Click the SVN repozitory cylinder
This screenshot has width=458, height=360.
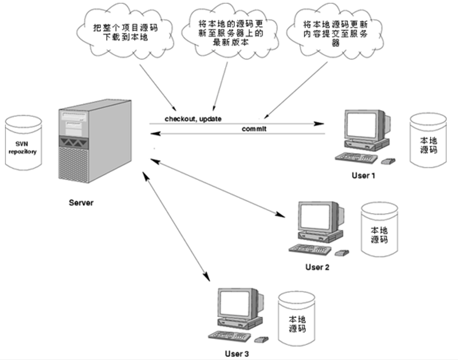point(23,143)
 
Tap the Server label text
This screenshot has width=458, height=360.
point(81,203)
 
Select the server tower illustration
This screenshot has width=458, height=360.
point(95,141)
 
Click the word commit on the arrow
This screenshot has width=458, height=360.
point(254,129)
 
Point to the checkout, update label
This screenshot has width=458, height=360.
point(193,119)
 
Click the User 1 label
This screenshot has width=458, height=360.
point(364,176)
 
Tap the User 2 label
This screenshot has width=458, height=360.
point(317,267)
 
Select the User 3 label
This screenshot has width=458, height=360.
point(237,354)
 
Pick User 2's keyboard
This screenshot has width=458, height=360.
point(310,249)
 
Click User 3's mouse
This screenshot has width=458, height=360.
point(262,340)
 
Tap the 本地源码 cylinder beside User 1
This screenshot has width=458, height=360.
point(428,140)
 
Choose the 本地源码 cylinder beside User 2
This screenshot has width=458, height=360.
point(380,230)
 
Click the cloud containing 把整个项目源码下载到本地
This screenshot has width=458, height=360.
point(125,32)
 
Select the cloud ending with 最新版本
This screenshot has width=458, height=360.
point(230,32)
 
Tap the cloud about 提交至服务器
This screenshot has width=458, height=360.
point(335,32)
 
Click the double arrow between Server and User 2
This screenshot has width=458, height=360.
point(218,188)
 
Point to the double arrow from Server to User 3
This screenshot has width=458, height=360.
point(176,226)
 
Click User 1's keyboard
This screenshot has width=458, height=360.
point(356,158)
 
